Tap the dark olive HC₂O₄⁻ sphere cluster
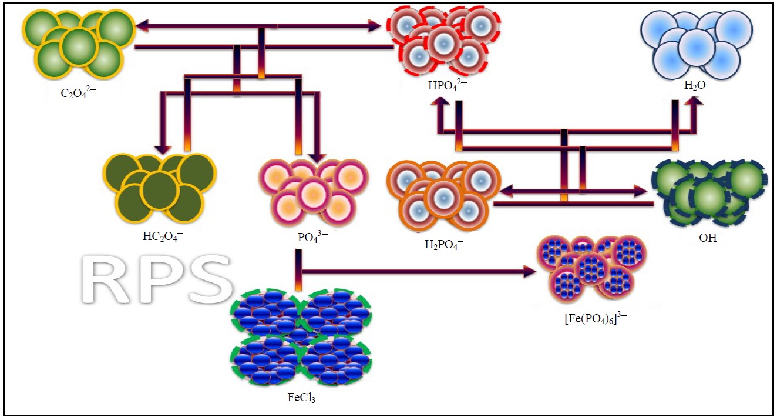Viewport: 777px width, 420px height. [x=160, y=186]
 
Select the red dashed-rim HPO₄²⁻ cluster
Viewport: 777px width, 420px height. [x=445, y=40]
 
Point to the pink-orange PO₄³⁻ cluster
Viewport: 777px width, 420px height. [x=313, y=192]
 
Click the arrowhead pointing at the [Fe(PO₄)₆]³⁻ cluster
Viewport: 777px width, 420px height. [x=529, y=272]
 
